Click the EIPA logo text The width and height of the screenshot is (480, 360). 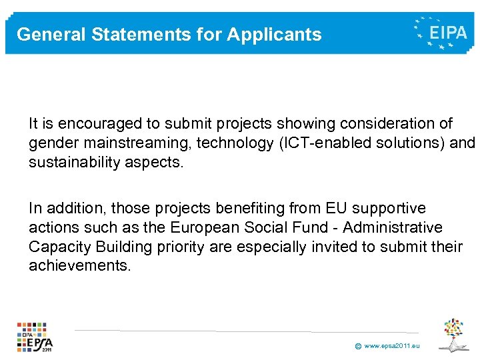coord(448,31)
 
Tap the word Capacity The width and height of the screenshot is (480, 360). coord(57,247)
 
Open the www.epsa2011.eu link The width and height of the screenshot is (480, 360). coord(393,346)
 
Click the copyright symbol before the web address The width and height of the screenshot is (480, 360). coord(358,347)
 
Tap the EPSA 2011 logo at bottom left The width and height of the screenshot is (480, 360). coord(35,337)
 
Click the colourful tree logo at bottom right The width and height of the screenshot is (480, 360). coord(456,333)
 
